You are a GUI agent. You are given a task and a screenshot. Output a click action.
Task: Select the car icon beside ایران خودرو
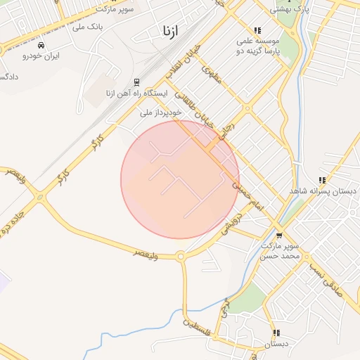pos(42,46)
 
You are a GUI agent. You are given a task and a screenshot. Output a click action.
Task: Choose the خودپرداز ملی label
pos(161,112)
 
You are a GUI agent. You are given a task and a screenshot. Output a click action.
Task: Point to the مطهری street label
pos(211,75)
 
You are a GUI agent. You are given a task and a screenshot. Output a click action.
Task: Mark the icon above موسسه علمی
pos(257,30)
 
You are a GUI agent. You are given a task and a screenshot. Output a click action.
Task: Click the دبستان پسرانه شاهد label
pos(323,191)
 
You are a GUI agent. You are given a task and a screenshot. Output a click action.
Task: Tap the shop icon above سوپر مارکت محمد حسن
pos(281,235)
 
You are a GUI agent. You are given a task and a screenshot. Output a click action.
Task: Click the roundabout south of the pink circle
pos(181,257)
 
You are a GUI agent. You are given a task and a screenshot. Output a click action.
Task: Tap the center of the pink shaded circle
pos(180,179)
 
